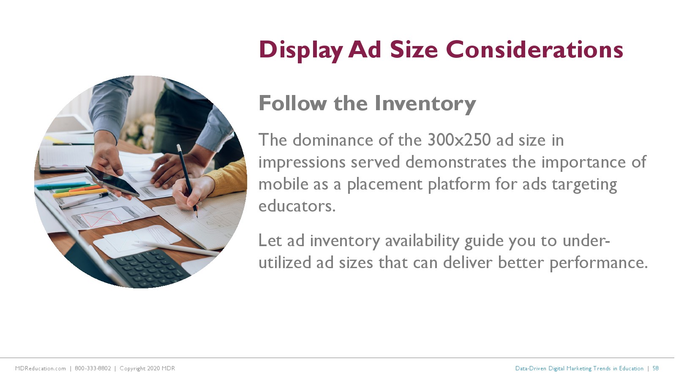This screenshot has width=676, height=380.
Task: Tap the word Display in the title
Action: point(300,51)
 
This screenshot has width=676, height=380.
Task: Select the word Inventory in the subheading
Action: point(425,104)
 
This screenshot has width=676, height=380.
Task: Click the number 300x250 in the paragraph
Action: point(459,140)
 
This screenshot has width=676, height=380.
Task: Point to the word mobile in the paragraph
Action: point(283,184)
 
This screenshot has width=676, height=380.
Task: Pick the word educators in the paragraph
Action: point(297,206)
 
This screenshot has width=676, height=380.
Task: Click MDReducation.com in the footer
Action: point(41,368)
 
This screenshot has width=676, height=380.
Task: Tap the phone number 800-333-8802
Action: point(93,368)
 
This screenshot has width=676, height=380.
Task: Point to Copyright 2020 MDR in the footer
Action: point(147,369)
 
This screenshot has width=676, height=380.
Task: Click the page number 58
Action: point(655,368)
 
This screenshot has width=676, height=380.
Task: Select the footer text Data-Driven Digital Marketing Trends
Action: point(563,369)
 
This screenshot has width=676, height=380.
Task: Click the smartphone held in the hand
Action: point(112,181)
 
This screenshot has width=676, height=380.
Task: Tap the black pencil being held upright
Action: point(187,181)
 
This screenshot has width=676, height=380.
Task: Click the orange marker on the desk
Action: point(85,189)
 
